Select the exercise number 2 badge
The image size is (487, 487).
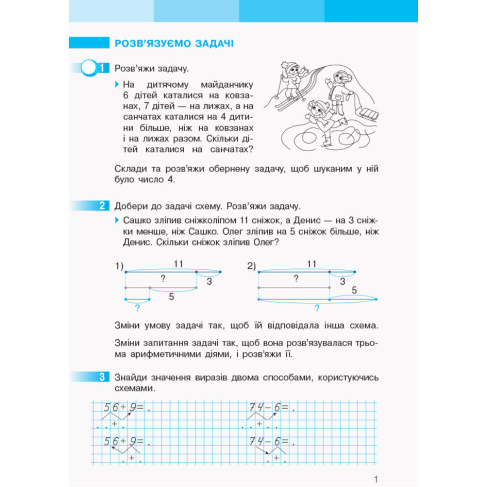(x=101, y=206)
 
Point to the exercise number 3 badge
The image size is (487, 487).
(x=101, y=377)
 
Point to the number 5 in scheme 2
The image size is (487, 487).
(x=354, y=291)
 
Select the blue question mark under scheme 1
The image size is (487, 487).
(x=138, y=307)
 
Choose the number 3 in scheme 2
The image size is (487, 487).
(x=342, y=281)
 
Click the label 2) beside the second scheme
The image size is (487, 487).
(x=251, y=266)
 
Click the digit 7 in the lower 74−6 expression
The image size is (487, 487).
(x=252, y=442)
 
